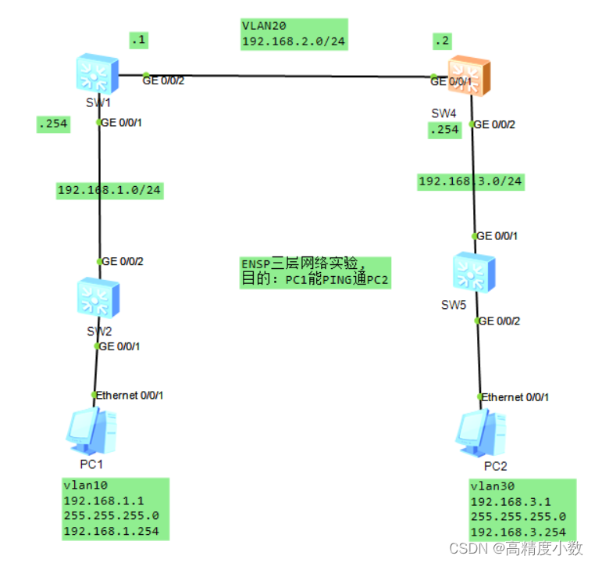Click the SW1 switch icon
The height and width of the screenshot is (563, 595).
tap(97, 75)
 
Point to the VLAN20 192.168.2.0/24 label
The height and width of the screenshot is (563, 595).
tap(293, 34)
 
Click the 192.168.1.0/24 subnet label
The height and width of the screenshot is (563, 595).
tap(109, 189)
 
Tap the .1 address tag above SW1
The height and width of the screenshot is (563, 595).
tap(139, 38)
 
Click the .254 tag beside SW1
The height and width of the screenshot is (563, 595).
tap(52, 124)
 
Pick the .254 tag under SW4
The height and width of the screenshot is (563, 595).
tap(444, 130)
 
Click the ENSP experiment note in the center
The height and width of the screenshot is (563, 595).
tap(314, 273)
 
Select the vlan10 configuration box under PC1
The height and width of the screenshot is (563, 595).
tap(115, 508)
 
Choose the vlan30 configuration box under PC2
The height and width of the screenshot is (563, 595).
tap(522, 508)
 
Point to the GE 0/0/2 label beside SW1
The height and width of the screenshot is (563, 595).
tap(163, 80)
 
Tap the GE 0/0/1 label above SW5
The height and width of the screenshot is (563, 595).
tap(497, 236)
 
